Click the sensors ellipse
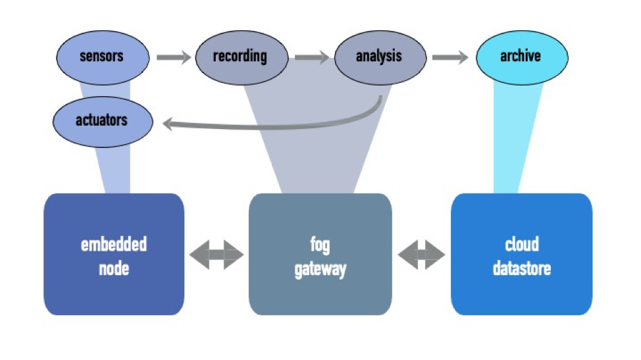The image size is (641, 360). point(103,58)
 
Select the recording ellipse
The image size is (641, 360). point(242,58)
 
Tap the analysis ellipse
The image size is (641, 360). point(380,58)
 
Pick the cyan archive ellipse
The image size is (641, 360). point(522,58)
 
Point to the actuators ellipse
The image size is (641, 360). point(103,122)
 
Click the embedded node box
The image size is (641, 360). point(114,254)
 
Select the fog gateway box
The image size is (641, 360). point(320,254)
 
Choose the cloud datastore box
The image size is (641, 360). point(522,254)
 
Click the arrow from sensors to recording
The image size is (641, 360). point(174,57)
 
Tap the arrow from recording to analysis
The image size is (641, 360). point(312,57)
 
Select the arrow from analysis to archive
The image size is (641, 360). point(450,57)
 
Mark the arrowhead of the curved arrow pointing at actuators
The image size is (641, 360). point(168,124)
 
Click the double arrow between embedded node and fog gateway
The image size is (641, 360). point(217,255)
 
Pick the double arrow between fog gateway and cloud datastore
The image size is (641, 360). point(421,255)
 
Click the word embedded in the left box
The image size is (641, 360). point(114,244)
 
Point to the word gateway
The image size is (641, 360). point(320,270)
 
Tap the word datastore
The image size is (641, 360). point(522,269)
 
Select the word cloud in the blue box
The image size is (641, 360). point(522,244)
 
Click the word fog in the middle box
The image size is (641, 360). point(320,245)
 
